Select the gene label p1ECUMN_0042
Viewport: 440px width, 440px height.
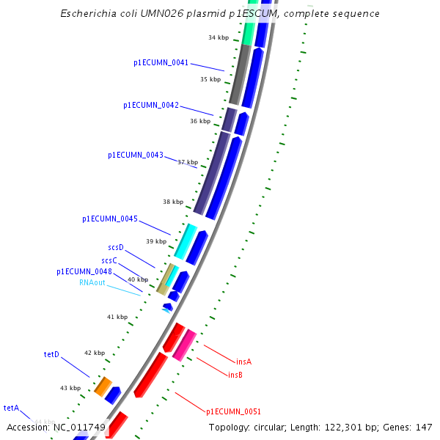point(150,106)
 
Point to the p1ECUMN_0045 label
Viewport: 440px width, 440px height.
point(109,219)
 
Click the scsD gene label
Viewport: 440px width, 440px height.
point(116,248)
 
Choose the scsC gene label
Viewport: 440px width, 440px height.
point(109,260)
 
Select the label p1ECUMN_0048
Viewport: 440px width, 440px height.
point(84,272)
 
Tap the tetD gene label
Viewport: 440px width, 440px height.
point(51,355)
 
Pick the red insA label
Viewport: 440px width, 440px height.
point(243,362)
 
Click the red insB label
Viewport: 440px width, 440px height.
point(235,375)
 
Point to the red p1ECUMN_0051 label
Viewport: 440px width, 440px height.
point(233,412)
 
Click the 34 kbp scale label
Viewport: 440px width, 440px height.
point(219,37)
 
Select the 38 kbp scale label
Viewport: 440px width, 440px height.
point(173,202)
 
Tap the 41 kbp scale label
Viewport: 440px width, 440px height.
point(117,318)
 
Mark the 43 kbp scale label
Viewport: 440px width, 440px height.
point(70,388)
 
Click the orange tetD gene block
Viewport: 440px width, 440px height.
point(103,386)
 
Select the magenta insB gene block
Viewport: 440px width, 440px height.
point(184,345)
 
